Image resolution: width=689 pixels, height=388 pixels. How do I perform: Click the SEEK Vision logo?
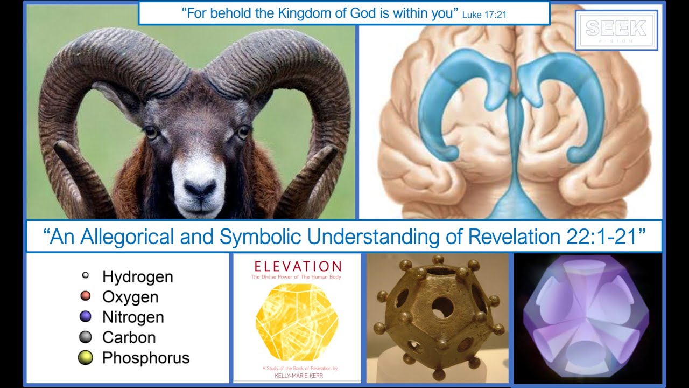pos(616,30)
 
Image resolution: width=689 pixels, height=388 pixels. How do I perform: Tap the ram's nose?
pos(200,189)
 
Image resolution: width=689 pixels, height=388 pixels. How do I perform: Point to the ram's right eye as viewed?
pos(243,132)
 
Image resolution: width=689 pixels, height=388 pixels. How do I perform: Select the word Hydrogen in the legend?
pos(137,277)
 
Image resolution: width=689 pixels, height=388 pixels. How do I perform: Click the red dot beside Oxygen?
pos(85,296)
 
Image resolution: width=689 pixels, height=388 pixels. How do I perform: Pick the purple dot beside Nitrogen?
pos(85,316)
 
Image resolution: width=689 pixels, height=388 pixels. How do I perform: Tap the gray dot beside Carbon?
pos(85,337)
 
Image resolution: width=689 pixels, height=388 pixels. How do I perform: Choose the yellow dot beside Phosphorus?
pos(85,357)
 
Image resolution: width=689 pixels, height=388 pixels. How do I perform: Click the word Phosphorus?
pos(145,357)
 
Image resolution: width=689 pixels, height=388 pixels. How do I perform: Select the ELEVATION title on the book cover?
pos(297,266)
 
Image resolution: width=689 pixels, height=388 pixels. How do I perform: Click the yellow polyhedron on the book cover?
pos(297,322)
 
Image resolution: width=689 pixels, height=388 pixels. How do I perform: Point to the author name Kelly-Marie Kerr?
pos(297,375)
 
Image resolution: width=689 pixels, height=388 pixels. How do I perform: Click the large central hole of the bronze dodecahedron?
pos(442,307)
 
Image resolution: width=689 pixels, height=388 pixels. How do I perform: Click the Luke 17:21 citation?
pos(484,15)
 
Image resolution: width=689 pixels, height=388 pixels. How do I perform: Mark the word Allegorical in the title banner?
pos(124,237)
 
